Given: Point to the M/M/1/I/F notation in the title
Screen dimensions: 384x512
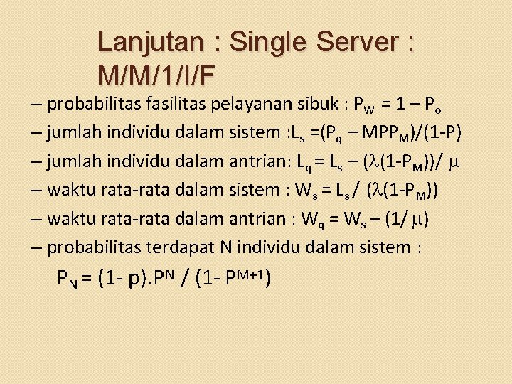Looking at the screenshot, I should pos(158,73).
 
